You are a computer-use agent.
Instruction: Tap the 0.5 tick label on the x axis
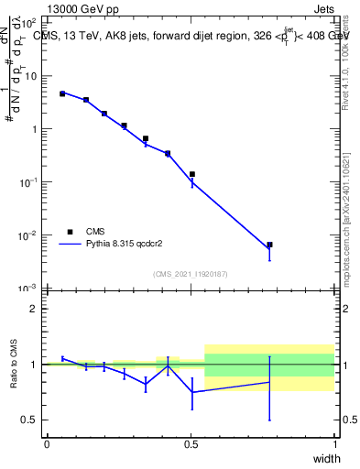coord(191,442)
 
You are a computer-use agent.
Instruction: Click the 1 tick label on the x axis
coord(334,442)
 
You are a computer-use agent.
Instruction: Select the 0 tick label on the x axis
coord(47,442)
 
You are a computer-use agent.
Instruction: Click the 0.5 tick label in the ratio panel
coord(29,420)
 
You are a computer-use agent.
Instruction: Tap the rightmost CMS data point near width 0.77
coord(269,245)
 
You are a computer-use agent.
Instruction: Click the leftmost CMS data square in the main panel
coord(62,93)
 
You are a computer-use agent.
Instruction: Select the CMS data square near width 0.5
coord(192,174)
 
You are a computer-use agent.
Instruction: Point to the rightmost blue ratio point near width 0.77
coord(269,382)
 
